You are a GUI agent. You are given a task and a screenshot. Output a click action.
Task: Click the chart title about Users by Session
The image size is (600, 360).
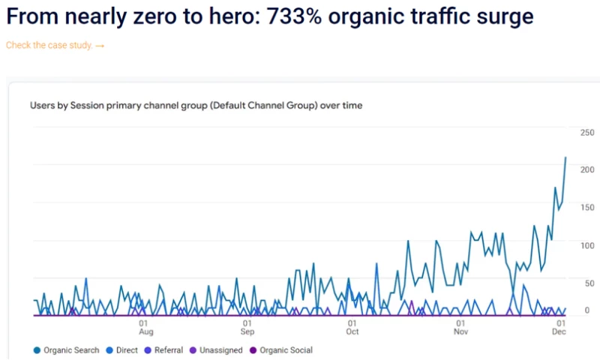[196, 106]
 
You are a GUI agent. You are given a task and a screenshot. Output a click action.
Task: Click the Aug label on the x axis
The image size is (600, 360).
[146, 331]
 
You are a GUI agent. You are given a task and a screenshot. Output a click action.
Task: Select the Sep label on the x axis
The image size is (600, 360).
[247, 331]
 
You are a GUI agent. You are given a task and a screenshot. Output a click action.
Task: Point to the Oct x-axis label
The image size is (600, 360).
[352, 331]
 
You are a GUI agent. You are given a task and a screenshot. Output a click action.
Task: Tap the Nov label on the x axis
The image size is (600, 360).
[461, 331]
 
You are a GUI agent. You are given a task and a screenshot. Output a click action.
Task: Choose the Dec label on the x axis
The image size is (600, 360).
[559, 331]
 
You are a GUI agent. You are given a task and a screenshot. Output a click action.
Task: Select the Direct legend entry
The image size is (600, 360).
[125, 350]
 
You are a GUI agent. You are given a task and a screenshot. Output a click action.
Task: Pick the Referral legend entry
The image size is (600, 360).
[168, 350]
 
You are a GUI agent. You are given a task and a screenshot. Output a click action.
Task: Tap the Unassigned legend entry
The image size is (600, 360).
[220, 350]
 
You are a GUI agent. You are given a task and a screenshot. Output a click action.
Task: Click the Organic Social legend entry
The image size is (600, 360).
[285, 350]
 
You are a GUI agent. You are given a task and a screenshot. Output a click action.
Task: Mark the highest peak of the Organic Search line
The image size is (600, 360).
[565, 157]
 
